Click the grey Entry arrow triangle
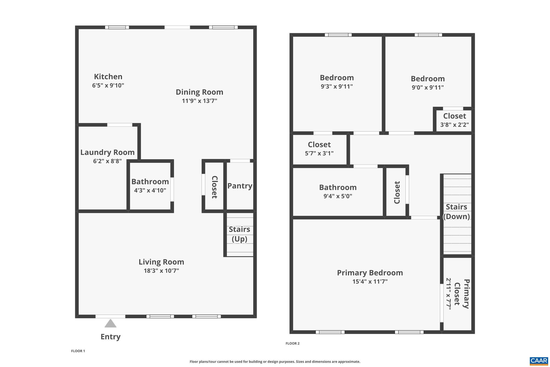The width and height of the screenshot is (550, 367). pos(110,324)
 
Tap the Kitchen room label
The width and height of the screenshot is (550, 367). pos(108,77)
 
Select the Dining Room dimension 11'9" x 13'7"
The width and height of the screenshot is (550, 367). pos(199,101)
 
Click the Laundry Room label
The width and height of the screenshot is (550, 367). pos(107,152)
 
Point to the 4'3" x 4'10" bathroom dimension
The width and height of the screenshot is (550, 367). pos(150,190)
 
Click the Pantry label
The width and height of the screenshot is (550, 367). pos(240,186)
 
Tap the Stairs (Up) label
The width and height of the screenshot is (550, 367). pos(239,234)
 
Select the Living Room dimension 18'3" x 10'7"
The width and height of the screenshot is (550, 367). pos(161,270)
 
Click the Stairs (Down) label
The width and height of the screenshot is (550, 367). pos(456,212)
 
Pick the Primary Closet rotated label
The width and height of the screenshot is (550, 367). pos(462,294)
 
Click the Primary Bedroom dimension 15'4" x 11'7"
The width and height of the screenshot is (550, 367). pos(370,282)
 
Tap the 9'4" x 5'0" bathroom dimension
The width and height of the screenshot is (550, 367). pos(338,196)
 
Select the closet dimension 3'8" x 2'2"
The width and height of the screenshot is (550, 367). pos(454,125)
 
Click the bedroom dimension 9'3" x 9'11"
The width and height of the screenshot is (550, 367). pos(336,86)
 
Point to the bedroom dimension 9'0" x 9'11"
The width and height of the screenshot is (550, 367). pos(428,87)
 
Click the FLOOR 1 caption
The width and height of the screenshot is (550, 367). pos(78,351)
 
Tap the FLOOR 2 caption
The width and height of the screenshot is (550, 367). pos(292,343)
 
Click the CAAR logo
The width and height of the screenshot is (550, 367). pos(539,361)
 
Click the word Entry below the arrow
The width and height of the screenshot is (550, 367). pos(110,337)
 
